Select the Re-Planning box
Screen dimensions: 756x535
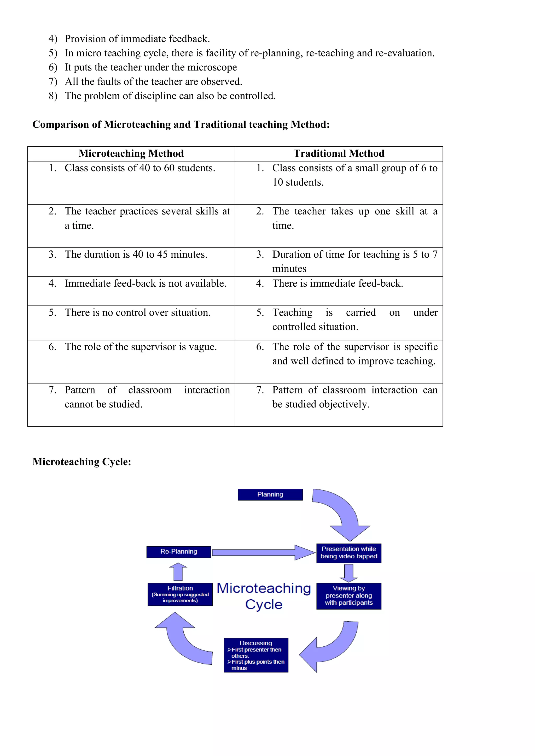tap(179, 552)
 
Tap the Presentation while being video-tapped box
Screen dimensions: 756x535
tap(348, 553)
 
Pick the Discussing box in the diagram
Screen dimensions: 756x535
tap(256, 655)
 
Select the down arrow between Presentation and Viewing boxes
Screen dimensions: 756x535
tap(348, 573)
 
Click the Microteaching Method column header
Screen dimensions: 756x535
tap(131, 153)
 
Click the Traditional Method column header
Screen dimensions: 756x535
tap(339, 153)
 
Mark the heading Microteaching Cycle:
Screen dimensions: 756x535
tap(82, 462)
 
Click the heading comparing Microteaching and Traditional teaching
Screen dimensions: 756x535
tap(181, 125)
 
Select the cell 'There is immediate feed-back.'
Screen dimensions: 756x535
tap(337, 283)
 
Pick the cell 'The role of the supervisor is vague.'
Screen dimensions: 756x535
tap(141, 347)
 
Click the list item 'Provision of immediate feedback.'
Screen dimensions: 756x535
tap(137, 39)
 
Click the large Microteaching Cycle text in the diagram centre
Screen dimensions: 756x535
tap(264, 596)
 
